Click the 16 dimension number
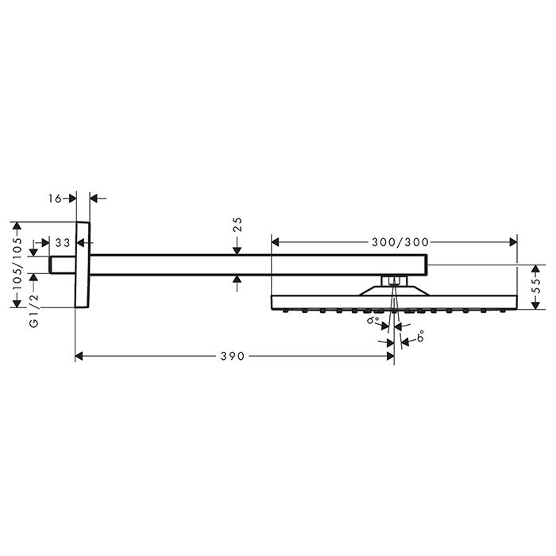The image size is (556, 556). pyautogui.click(x=55, y=197)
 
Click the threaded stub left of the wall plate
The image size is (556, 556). pyautogui.click(x=63, y=264)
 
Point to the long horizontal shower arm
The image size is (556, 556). pyautogui.click(x=254, y=264)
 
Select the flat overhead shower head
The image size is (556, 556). pyautogui.click(x=394, y=302)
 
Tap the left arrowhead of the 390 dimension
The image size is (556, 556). pyautogui.click(x=79, y=357)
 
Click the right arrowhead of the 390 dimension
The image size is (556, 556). pyautogui.click(x=389, y=357)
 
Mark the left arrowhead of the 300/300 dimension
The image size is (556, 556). pyautogui.click(x=276, y=240)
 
